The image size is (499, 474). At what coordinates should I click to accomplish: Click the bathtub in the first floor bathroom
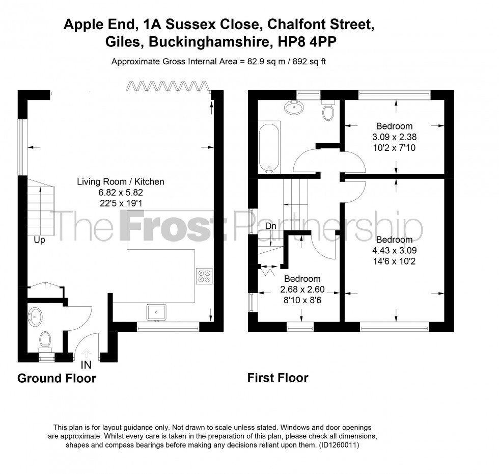coord(269,147)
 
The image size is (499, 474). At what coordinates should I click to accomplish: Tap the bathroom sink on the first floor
coord(294,108)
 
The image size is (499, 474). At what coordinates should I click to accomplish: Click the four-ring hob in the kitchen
coord(204,275)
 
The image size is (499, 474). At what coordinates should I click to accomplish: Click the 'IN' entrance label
coord(86,364)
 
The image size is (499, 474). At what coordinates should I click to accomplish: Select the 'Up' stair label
coord(40,240)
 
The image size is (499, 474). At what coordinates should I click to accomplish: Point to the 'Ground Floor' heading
coord(57,378)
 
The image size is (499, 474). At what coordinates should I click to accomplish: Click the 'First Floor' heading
coord(278,378)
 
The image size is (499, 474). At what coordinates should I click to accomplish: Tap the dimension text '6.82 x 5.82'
coord(120,192)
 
